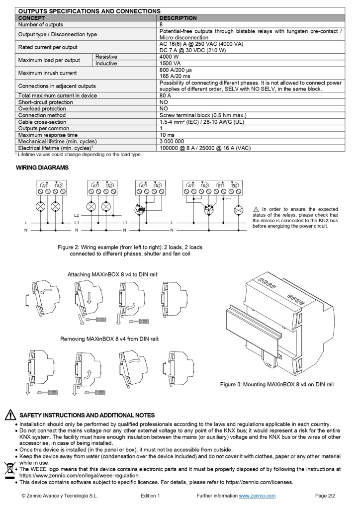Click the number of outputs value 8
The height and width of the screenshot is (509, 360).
(161, 24)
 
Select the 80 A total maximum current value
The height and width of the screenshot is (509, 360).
(165, 95)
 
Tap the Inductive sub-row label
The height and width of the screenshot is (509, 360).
(106, 64)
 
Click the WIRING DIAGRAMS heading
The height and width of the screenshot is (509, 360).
(42, 168)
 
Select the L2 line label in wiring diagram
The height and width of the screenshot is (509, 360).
(76, 215)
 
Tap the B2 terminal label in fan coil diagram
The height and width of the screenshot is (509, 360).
(234, 185)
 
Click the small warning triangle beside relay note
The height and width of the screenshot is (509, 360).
(256, 209)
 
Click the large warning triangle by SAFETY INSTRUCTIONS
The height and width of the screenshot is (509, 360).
(10, 415)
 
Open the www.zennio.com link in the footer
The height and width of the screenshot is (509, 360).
(257, 496)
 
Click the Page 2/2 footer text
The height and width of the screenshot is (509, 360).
(326, 496)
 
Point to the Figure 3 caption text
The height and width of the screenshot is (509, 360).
(276, 384)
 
